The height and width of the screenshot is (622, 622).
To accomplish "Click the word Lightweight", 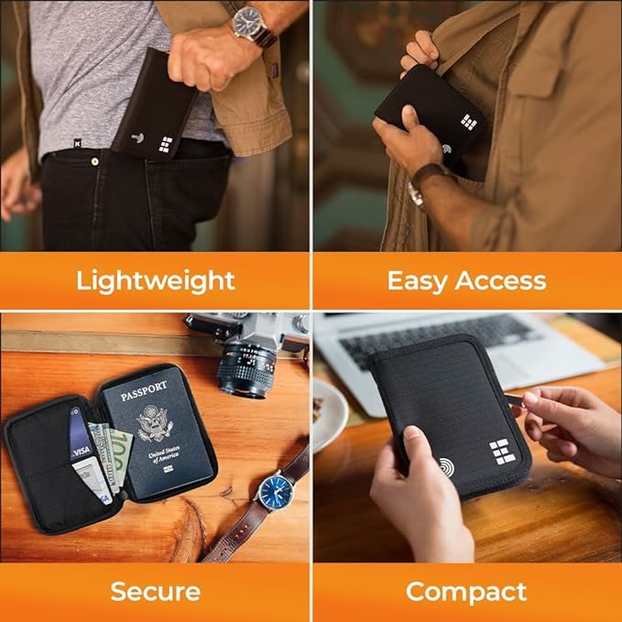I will [156, 279].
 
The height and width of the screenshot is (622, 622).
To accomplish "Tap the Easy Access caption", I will [466, 279].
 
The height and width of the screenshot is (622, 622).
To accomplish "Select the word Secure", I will [156, 591].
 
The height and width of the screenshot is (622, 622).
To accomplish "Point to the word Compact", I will [466, 591].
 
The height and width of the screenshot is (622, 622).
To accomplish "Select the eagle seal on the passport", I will [156, 422].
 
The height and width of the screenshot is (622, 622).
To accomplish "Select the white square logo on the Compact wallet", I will [500, 451].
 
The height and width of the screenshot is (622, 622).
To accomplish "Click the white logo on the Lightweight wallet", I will [166, 144].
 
